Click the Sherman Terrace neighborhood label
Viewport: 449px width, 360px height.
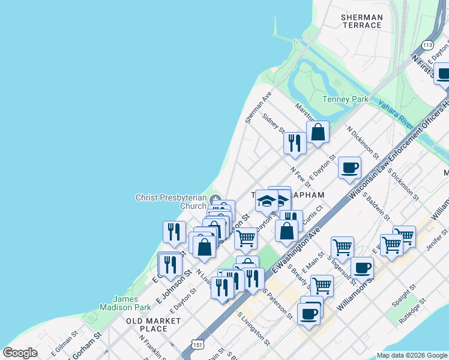[x=361, y=21]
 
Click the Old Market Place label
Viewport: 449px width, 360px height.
[x=154, y=325]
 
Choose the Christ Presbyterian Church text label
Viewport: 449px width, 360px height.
[x=171, y=202]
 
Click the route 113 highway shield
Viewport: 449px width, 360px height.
[x=427, y=46]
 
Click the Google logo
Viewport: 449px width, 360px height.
[x=20, y=352]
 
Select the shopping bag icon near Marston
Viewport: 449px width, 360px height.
[x=318, y=131]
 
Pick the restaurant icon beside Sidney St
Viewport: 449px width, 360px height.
[x=294, y=142]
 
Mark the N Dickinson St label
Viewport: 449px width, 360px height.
[x=363, y=142]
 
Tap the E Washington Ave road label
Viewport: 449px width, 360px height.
[x=295, y=246]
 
